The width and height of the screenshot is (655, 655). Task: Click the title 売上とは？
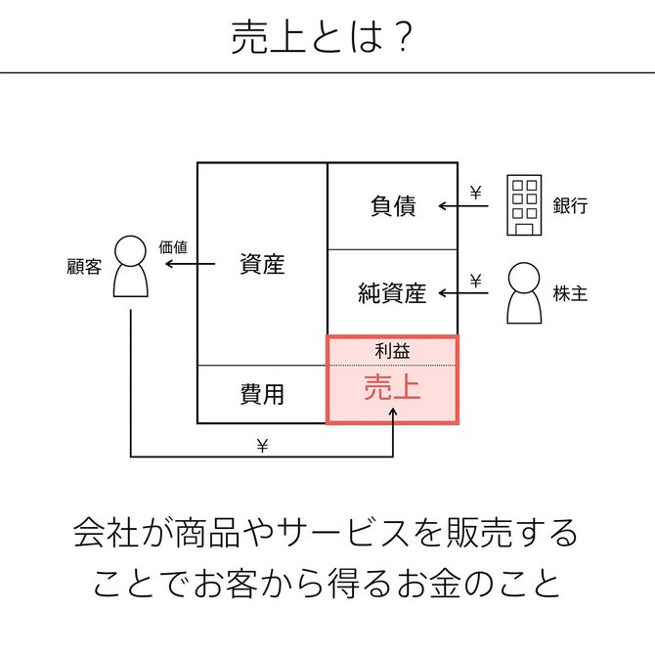tap(322, 37)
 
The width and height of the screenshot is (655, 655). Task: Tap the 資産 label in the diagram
tap(262, 264)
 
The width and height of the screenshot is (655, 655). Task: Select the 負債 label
tap(393, 206)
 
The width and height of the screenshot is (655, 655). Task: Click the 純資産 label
tap(392, 293)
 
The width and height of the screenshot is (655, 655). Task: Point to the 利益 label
tap(392, 351)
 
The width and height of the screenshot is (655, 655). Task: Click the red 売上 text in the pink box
tap(392, 387)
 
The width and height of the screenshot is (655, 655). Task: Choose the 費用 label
tap(262, 394)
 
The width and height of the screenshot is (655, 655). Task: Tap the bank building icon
tap(524, 205)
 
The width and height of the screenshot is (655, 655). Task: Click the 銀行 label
tap(570, 206)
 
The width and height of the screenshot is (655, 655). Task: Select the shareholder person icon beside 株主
tap(524, 293)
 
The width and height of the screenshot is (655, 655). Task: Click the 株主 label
tap(570, 293)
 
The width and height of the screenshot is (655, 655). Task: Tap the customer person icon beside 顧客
tap(131, 267)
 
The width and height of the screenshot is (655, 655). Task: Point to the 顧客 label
tap(84, 267)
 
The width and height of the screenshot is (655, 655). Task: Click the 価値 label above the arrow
tap(173, 247)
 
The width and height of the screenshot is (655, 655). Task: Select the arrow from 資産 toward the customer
tap(190, 264)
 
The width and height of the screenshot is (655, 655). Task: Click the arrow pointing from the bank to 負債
tap(463, 206)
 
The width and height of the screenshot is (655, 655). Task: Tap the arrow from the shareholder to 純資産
tap(463, 293)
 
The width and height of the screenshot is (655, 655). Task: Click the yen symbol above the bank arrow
tap(476, 193)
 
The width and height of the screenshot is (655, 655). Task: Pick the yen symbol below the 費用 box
tap(262, 446)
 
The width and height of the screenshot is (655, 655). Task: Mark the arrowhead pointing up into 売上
tap(393, 412)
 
